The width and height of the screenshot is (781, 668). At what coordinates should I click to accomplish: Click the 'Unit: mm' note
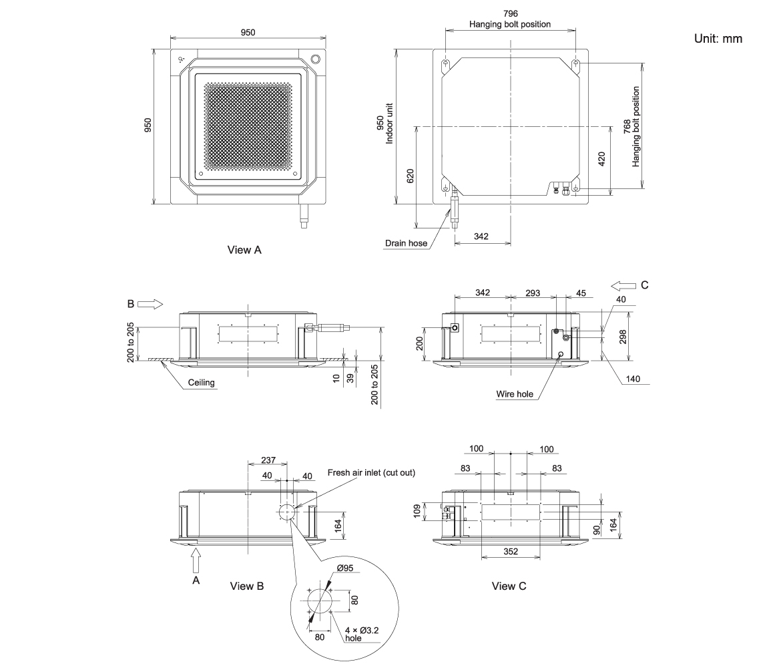click(718, 39)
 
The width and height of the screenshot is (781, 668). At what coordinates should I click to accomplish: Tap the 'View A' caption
click(244, 250)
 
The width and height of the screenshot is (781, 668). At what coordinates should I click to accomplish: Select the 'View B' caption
click(246, 587)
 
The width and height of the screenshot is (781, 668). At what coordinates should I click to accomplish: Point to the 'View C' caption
click(509, 587)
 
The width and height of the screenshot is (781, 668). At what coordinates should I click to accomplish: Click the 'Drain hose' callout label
click(406, 243)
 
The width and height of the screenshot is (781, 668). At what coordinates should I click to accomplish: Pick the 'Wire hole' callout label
click(515, 394)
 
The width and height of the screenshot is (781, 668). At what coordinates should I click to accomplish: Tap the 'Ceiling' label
click(201, 383)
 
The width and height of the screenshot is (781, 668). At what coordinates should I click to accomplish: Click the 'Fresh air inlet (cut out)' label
click(371, 472)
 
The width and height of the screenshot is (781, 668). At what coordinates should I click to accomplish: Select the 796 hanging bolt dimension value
click(510, 14)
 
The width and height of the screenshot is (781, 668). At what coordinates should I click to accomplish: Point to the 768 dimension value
click(627, 127)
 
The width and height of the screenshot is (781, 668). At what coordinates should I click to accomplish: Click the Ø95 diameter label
click(345, 568)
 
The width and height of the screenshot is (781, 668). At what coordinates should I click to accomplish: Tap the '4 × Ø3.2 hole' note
click(362, 634)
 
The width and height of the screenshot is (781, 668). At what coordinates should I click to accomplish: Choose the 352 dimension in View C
click(511, 551)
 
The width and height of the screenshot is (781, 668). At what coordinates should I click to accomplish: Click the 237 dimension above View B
click(268, 460)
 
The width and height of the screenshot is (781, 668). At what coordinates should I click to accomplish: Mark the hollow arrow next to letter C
click(623, 286)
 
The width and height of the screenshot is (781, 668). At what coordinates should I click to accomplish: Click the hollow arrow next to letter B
click(150, 304)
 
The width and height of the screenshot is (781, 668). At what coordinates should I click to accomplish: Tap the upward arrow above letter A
click(196, 560)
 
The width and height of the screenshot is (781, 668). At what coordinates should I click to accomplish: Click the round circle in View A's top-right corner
click(316, 59)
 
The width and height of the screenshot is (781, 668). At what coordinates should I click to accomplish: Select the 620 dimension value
click(411, 176)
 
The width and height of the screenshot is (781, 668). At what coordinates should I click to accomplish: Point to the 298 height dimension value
click(623, 337)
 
